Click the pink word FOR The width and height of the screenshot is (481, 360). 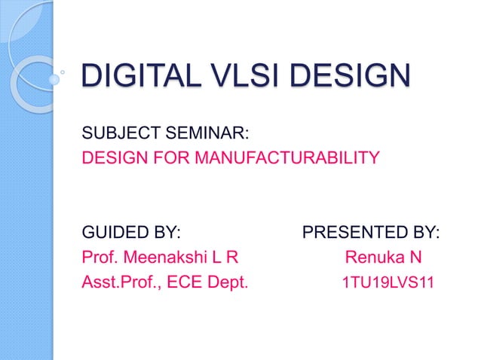(x=179, y=159)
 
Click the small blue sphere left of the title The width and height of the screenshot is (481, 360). (x=54, y=78)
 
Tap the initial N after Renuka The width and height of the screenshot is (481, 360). (x=415, y=258)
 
